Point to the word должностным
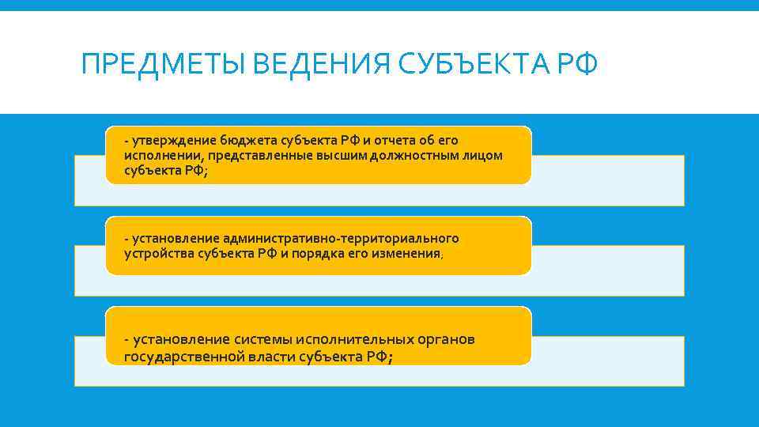click(x=425, y=155)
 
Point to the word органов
click(x=447, y=340)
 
